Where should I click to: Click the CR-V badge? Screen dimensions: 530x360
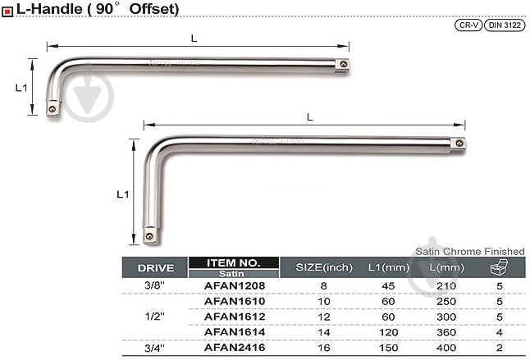click(x=468, y=25)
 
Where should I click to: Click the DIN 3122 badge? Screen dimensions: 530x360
click(x=505, y=25)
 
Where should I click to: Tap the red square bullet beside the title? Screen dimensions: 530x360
click(x=7, y=11)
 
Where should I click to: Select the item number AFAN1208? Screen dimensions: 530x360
click(x=235, y=286)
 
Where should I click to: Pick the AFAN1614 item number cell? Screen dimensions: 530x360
click(x=235, y=332)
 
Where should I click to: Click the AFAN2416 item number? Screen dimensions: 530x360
click(x=235, y=348)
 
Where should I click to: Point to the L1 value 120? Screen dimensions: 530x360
click(x=388, y=333)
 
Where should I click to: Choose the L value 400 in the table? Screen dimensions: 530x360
click(x=446, y=348)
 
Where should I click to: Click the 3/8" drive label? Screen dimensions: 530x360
click(x=154, y=285)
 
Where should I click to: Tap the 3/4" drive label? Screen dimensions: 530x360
click(x=154, y=348)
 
